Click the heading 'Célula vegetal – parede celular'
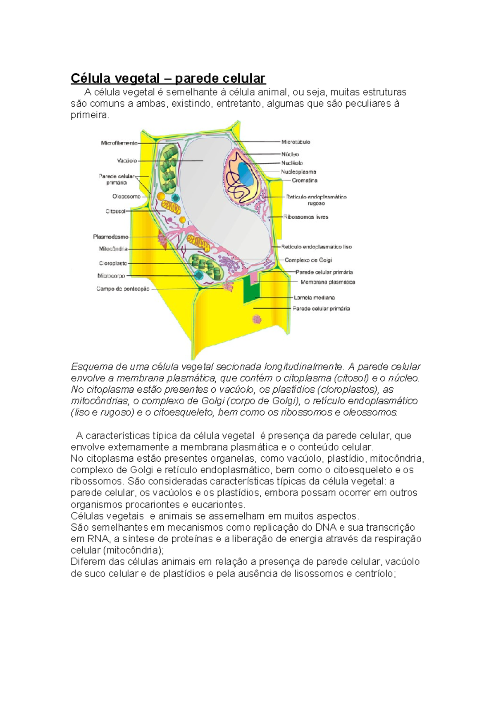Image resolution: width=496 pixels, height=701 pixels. (x=168, y=78)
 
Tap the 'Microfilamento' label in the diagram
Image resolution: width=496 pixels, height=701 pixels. (x=119, y=143)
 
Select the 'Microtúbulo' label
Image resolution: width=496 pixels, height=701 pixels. (x=296, y=142)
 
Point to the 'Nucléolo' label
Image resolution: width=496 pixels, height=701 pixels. (x=292, y=163)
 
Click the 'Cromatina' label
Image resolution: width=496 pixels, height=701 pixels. (x=305, y=181)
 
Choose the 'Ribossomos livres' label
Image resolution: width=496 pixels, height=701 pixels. (x=305, y=217)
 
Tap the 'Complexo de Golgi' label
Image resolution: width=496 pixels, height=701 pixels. (x=308, y=260)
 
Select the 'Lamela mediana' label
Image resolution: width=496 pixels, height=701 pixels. (x=314, y=298)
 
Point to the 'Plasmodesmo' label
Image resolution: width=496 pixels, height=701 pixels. (x=110, y=237)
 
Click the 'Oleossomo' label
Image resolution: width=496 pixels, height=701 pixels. (x=126, y=197)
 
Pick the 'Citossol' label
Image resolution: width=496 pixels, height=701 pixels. (x=115, y=211)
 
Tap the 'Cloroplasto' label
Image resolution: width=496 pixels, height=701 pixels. (x=113, y=263)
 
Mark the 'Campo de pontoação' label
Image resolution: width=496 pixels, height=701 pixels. (x=123, y=289)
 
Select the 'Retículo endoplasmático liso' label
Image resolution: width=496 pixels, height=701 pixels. (x=317, y=247)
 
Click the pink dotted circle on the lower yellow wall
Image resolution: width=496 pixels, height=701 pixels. (x=257, y=319)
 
